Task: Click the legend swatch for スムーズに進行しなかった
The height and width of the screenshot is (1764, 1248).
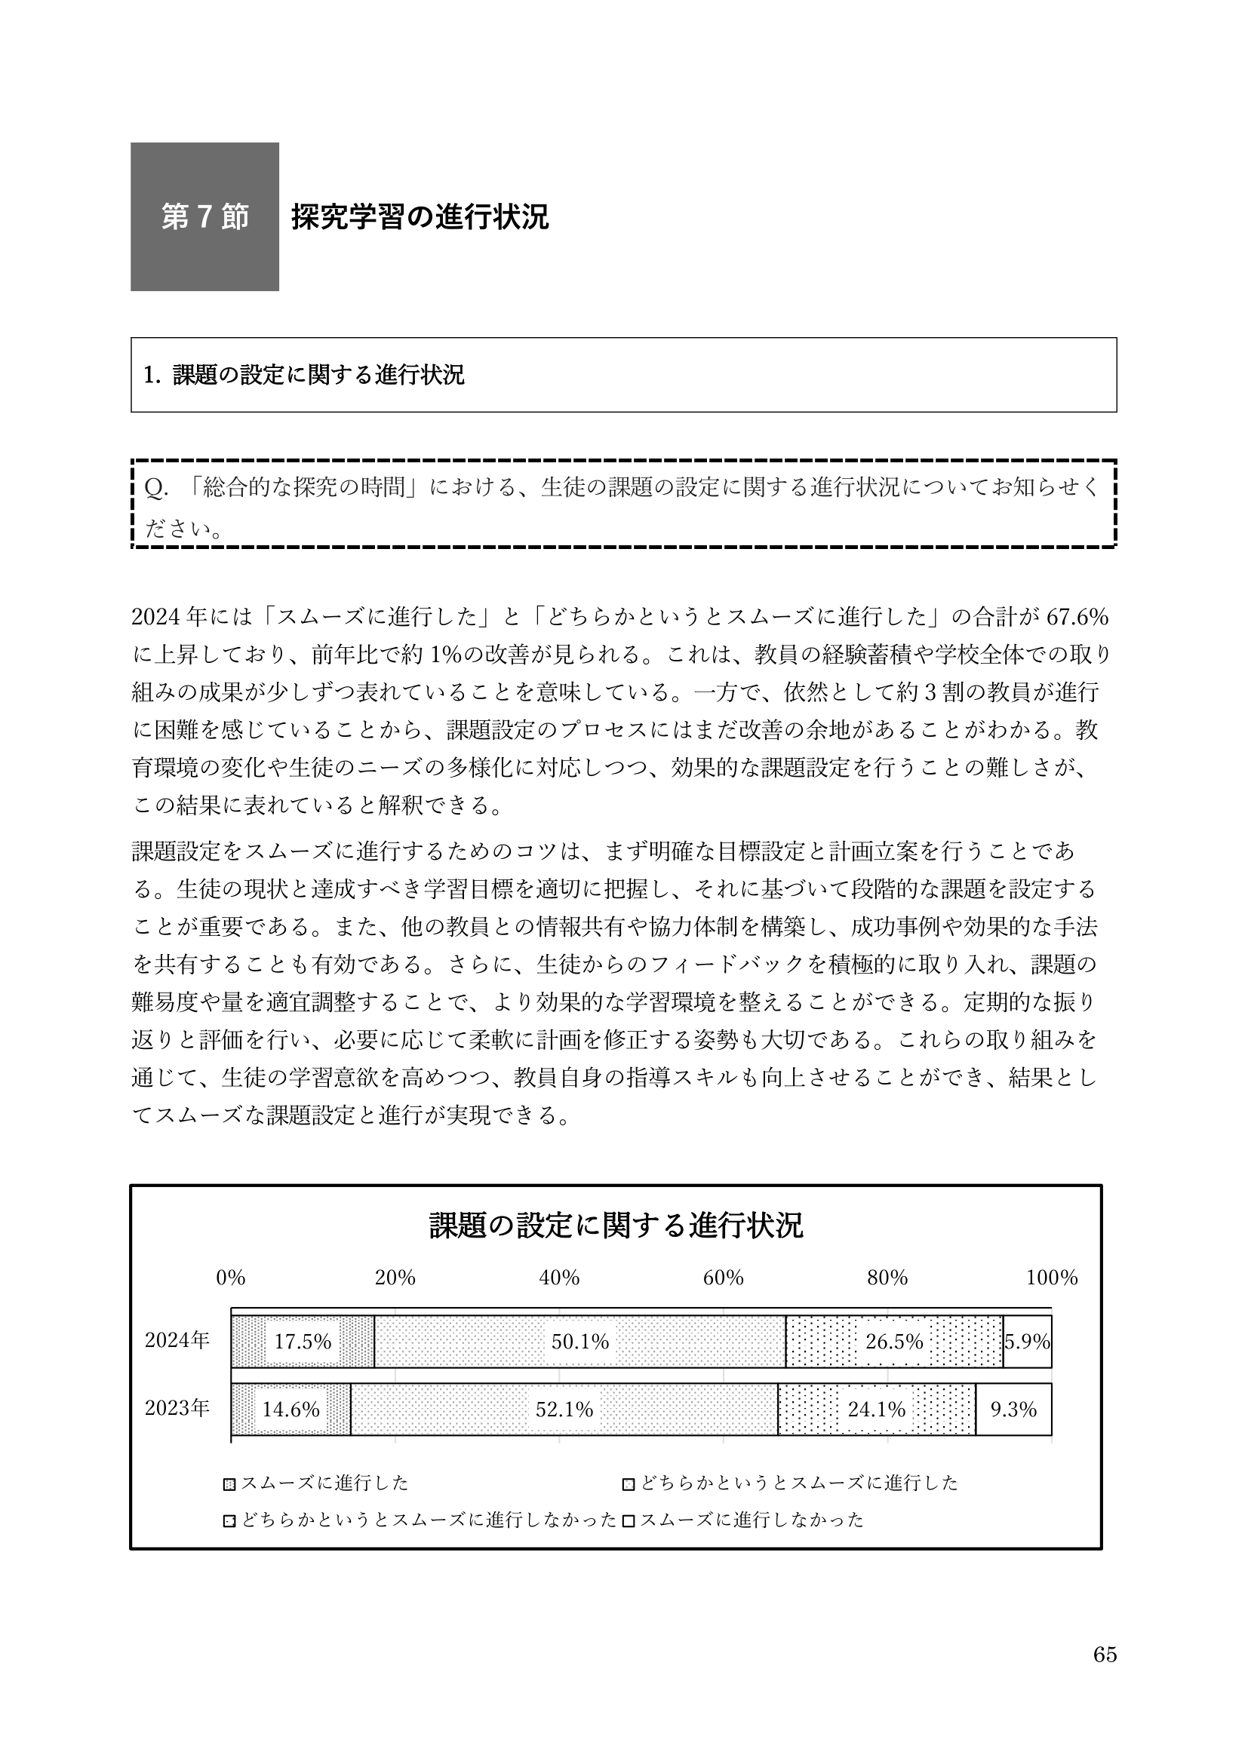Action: coord(628,1520)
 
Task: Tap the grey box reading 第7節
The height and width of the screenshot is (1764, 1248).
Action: coord(204,216)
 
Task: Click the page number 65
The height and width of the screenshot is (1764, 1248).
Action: coord(1105,1677)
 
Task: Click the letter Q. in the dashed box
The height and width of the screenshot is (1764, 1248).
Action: coord(157,488)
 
